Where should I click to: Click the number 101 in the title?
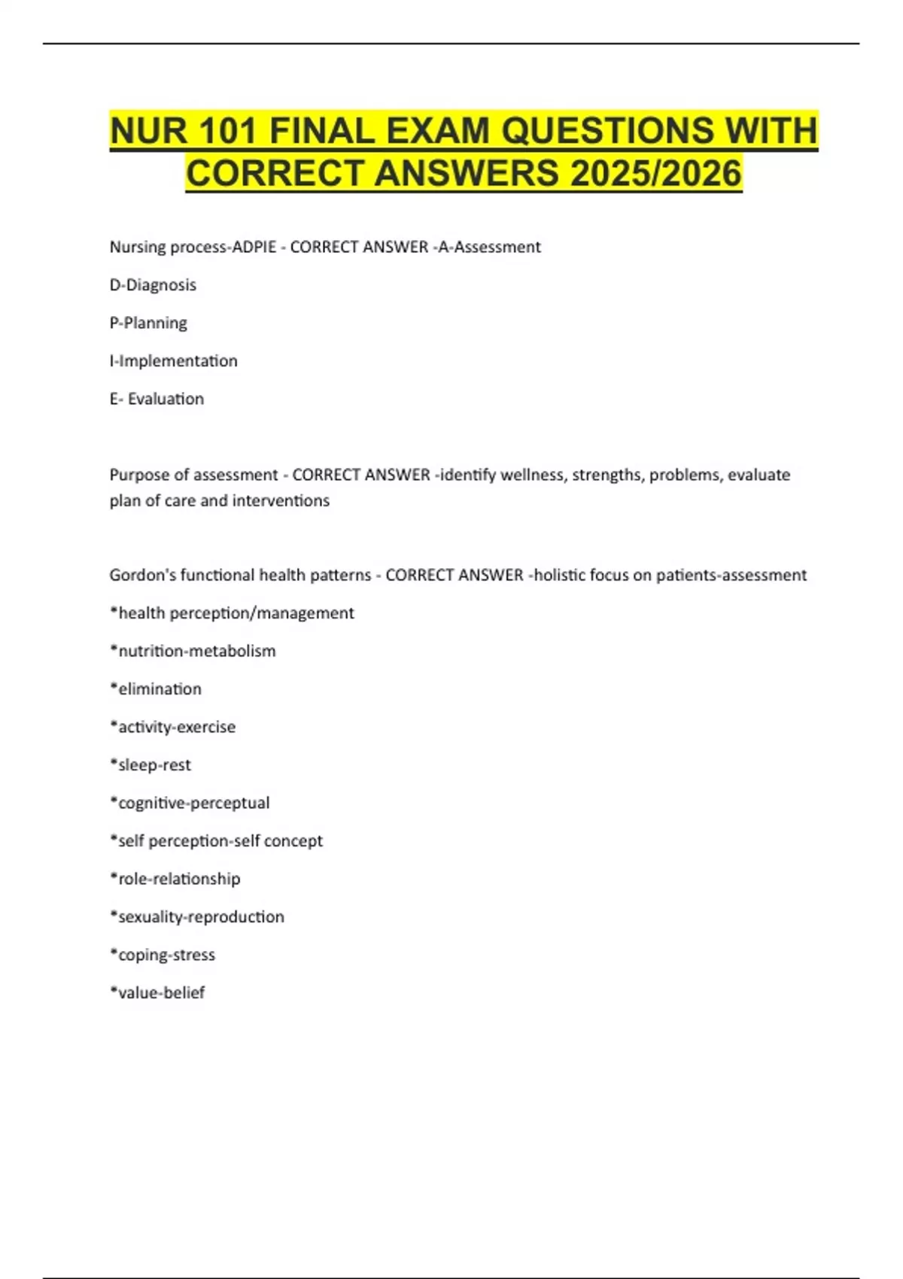tap(227, 132)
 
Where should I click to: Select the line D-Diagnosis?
tap(153, 285)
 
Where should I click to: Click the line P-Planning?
tap(148, 323)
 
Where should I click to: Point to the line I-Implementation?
tap(173, 361)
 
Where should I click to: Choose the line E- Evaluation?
tap(157, 399)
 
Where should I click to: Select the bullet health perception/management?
tap(232, 613)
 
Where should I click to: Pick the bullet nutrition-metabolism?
tap(193, 651)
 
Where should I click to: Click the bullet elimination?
tap(156, 689)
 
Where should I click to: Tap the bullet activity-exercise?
tap(172, 727)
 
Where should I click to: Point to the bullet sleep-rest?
tap(150, 765)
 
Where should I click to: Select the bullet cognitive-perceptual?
tap(190, 803)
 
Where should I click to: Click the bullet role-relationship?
tap(175, 879)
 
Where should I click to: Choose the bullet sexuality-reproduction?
tap(197, 917)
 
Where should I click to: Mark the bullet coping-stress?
tap(163, 955)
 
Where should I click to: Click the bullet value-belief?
tap(157, 993)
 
